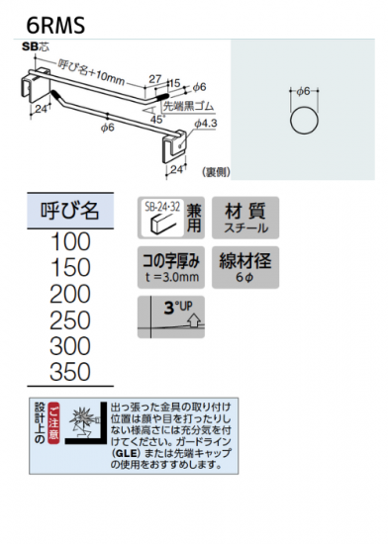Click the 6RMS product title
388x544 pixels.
coord(55,25)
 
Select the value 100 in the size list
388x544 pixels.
coord(70,241)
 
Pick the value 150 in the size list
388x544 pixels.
coord(70,267)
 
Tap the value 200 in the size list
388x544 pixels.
coord(70,294)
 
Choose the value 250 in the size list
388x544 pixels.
coord(70,319)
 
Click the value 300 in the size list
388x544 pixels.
coord(70,346)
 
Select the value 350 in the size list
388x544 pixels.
coord(70,372)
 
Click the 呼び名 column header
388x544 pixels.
coord(70,211)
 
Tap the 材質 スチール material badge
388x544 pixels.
coord(245,218)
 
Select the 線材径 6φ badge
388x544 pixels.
coord(245,267)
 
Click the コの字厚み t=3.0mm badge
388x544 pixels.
coord(171,267)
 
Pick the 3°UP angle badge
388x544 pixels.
coord(171,317)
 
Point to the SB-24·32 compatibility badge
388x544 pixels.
coord(171,218)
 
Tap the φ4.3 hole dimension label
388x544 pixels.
coord(206,124)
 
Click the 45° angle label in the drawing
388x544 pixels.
coord(156,120)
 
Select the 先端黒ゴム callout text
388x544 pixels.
coord(188,106)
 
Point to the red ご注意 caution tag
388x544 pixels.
coord(53,423)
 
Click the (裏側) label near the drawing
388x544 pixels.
coord(216,172)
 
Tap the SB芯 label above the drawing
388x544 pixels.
coord(36,46)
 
